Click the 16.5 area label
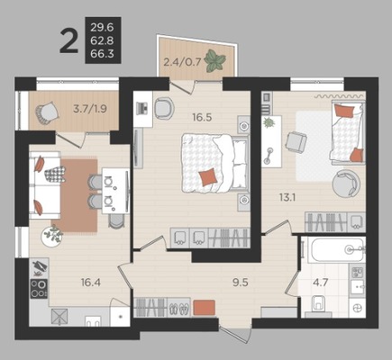click(x=202, y=117)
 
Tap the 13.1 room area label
click(x=287, y=197)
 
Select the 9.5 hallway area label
click(x=241, y=283)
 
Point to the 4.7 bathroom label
click(x=320, y=283)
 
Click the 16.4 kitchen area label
click(x=90, y=282)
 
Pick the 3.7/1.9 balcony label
click(x=90, y=108)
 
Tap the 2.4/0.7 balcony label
click(x=182, y=62)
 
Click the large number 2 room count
click(x=68, y=40)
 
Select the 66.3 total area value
click(x=102, y=54)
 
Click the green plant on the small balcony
click(x=214, y=60)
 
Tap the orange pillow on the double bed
click(x=208, y=176)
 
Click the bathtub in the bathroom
click(x=337, y=249)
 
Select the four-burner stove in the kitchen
click(x=39, y=289)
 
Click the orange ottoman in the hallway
click(x=204, y=308)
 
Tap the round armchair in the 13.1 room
click(x=346, y=184)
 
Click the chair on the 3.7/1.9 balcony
click(x=47, y=112)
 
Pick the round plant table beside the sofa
click(x=52, y=236)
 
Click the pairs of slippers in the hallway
click(x=179, y=309)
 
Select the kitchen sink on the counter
click(x=93, y=321)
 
